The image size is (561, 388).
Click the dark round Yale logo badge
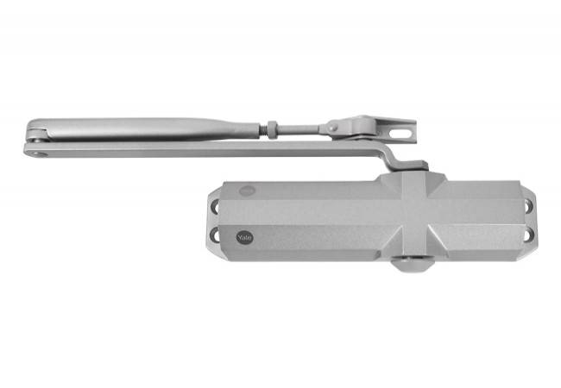(245, 237)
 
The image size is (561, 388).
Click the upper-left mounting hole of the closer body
(215, 206)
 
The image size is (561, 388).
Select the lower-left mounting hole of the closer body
(215, 235)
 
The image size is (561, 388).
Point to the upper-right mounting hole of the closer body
(527, 206)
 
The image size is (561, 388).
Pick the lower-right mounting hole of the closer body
(528, 235)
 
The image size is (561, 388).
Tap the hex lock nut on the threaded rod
(272, 128)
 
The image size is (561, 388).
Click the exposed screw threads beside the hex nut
(263, 128)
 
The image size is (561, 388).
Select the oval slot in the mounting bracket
(400, 134)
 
